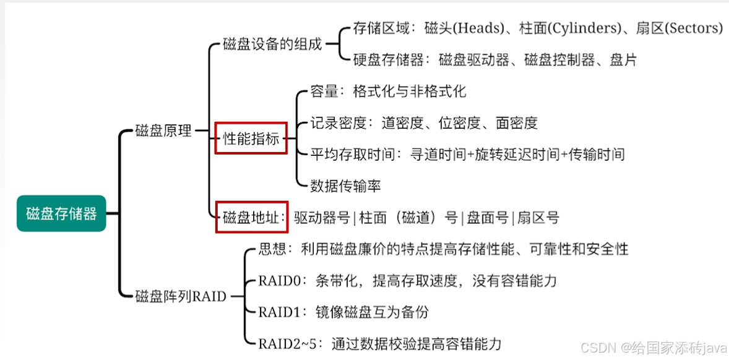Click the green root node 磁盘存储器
point(61,214)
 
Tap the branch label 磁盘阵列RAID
point(180,296)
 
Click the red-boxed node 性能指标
point(251,139)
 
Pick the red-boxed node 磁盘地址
point(251,217)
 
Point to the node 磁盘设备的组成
point(272,45)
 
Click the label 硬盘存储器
point(388,60)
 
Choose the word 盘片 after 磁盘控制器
point(623,60)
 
